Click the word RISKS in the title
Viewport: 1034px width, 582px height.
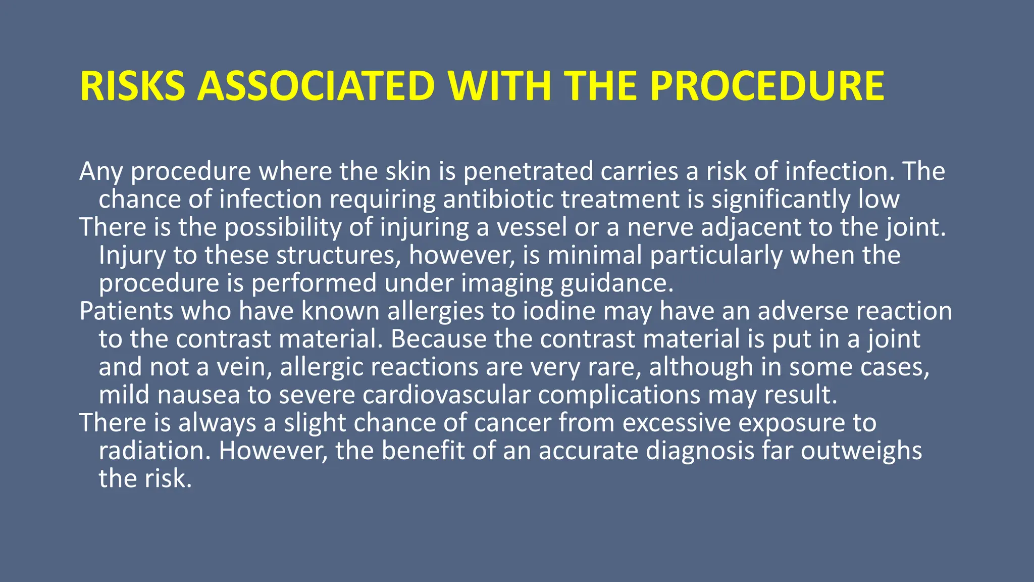133,86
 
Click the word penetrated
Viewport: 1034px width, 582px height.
528,171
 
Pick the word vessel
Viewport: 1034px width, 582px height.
532,227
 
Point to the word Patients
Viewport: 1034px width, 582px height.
126,311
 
